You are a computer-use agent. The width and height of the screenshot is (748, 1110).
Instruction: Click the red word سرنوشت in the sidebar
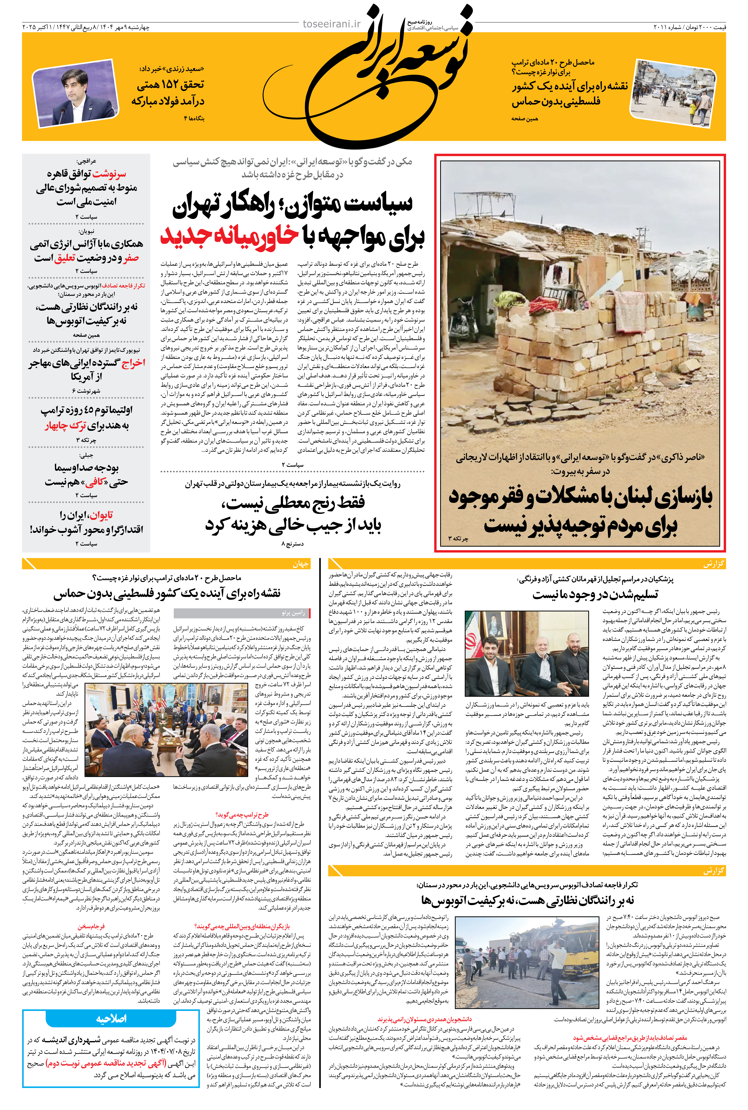pos(109,173)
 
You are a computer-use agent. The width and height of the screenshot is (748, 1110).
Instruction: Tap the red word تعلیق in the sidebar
pos(64,258)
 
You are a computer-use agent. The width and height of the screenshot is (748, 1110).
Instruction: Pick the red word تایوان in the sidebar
pos(101,515)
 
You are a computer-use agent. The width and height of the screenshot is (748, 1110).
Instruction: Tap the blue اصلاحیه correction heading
pos(111,1018)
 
